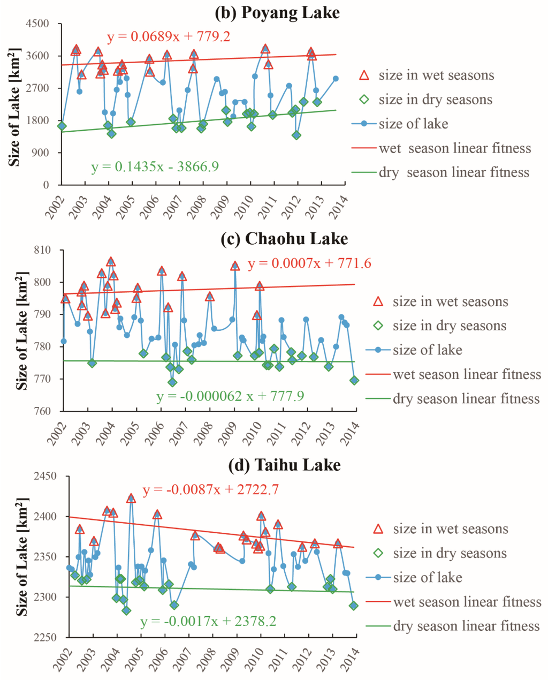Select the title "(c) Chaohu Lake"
[x=284, y=238]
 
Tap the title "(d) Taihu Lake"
[x=284, y=465]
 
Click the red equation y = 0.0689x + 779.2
[x=169, y=37]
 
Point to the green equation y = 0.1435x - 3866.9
[x=155, y=167]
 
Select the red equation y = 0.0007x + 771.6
[x=309, y=263]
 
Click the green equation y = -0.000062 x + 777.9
[x=230, y=396]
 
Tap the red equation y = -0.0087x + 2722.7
[x=210, y=490]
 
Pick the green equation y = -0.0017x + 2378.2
[x=209, y=622]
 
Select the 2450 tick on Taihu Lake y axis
[x=45, y=476]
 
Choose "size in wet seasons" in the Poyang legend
[x=436, y=75]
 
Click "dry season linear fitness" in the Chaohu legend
[x=466, y=399]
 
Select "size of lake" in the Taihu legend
[x=427, y=577]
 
